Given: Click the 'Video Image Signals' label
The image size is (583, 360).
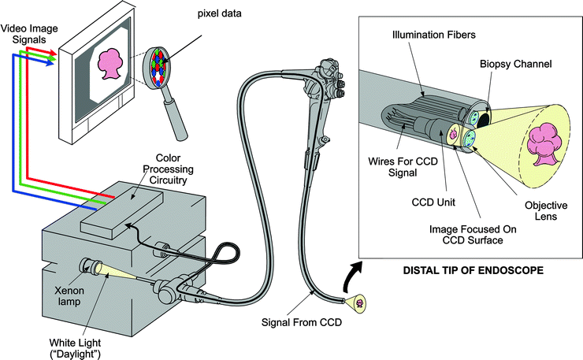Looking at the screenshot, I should pyautogui.click(x=25, y=32).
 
